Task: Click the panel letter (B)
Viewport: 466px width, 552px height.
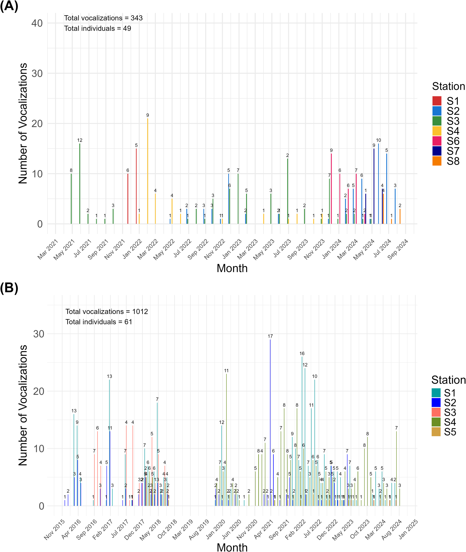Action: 9,288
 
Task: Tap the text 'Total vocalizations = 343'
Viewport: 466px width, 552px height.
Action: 103,18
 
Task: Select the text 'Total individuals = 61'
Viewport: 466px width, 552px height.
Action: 98,322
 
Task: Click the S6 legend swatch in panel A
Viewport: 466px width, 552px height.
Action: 437,141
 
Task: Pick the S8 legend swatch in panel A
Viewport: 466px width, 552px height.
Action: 437,161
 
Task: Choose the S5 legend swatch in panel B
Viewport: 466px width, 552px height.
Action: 436,432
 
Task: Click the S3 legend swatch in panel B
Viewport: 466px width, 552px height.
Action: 436,412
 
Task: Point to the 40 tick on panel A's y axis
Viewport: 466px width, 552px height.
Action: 37,23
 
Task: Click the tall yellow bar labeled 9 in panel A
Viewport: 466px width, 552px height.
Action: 148,172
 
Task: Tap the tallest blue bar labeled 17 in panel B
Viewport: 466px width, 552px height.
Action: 270,423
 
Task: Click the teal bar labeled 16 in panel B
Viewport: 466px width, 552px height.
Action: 302,431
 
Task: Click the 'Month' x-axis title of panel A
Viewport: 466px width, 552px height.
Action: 232,268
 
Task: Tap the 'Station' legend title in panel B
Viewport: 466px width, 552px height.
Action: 448,380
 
